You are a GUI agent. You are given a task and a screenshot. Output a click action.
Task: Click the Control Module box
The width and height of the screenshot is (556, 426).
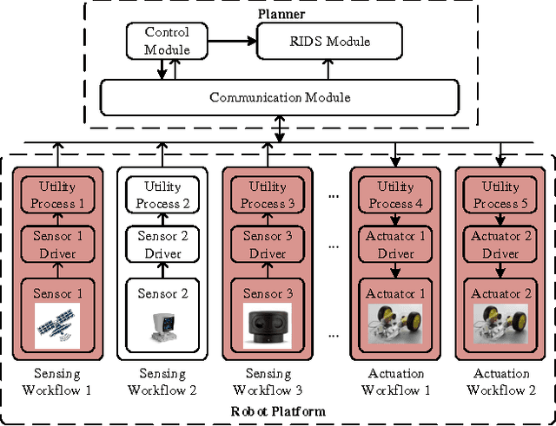(x=167, y=40)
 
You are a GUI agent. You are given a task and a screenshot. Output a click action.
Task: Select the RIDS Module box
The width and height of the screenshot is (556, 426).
(x=328, y=41)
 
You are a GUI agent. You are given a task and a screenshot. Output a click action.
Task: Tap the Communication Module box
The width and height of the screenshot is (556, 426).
(x=280, y=96)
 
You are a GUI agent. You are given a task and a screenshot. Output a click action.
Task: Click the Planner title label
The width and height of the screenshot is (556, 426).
(x=279, y=14)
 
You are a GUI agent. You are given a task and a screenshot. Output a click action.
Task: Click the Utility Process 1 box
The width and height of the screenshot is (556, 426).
(x=57, y=195)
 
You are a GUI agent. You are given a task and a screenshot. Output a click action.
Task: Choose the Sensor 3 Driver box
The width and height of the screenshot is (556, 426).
(x=268, y=245)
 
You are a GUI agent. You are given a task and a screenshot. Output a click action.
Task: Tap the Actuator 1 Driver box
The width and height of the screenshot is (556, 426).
(x=395, y=245)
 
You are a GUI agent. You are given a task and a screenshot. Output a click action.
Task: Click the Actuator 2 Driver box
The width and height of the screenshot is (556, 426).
(x=501, y=245)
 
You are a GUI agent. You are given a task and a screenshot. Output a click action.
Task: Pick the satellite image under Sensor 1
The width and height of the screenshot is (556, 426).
(x=57, y=325)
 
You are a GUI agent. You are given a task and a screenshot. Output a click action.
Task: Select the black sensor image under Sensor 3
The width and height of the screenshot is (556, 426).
(x=268, y=326)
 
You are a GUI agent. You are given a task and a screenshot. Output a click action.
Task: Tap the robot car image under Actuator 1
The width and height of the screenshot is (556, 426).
(x=396, y=325)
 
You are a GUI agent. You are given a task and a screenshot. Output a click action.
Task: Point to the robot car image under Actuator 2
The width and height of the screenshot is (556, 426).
(x=501, y=325)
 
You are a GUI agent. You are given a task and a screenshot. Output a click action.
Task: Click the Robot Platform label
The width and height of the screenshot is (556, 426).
(x=278, y=410)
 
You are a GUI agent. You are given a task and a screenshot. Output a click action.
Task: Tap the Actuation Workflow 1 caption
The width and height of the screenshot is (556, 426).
(x=396, y=382)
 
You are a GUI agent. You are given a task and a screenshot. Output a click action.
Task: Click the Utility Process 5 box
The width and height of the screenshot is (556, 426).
(x=501, y=195)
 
